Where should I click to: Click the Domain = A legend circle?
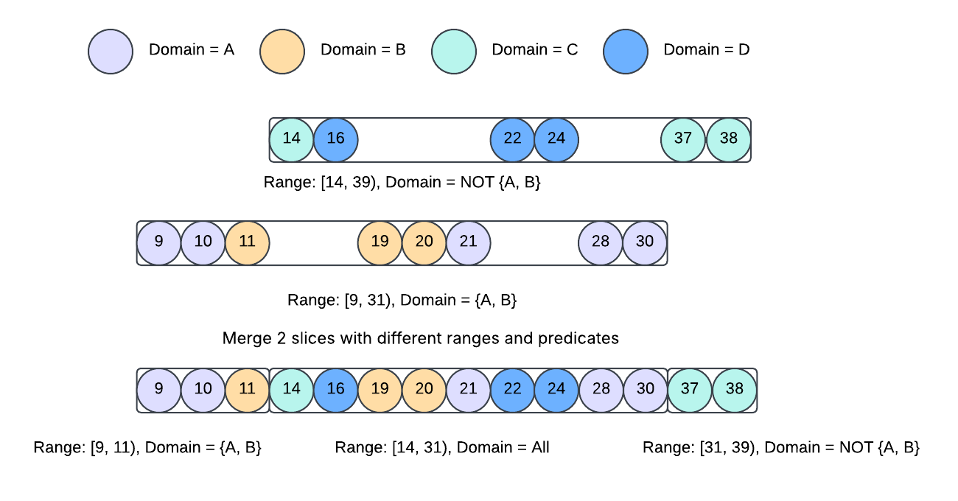coord(111,52)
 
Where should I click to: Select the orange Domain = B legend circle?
coord(282,52)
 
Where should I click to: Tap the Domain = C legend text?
coord(534,49)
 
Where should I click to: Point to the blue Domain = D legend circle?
coord(626,52)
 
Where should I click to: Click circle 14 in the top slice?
coord(292,140)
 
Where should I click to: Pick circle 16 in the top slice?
coord(336,140)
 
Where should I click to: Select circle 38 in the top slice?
coord(728,140)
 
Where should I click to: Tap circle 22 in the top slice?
coord(512,140)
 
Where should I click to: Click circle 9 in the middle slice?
coord(159,243)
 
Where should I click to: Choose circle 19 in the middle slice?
coord(380,243)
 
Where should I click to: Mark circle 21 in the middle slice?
coord(468,243)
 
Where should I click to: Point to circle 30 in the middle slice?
coord(645,243)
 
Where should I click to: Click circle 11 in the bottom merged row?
coord(247,390)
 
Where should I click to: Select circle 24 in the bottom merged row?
coord(556,390)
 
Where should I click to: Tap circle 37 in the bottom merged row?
coord(690,390)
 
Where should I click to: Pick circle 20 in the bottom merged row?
coord(424,390)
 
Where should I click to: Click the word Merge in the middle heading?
coord(247,339)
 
